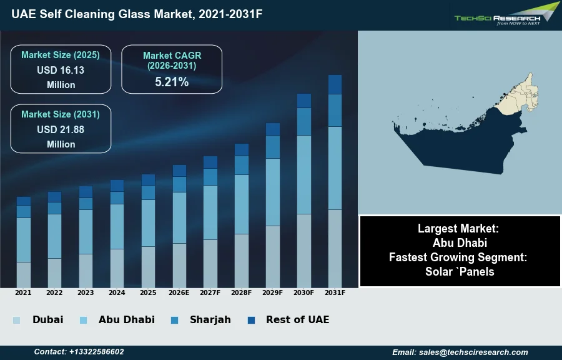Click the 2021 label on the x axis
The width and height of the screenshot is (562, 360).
[x=23, y=292]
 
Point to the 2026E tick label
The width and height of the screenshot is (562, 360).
[x=179, y=292]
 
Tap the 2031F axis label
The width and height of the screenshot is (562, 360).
[x=335, y=292]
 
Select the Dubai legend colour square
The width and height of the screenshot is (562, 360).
[x=16, y=320]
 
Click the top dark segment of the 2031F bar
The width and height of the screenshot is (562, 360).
[x=335, y=84]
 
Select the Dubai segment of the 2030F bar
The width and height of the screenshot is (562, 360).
[x=303, y=251]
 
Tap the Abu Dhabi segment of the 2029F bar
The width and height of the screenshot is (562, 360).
[x=273, y=192]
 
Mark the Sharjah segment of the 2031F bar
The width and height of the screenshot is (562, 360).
[x=335, y=111]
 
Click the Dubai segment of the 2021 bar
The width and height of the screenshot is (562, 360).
[x=24, y=274]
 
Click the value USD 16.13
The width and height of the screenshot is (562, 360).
[x=61, y=71]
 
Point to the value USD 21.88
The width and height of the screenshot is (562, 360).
[x=61, y=130]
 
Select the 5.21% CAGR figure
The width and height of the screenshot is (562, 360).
[x=172, y=82]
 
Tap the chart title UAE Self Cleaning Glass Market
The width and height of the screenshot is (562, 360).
[x=136, y=14]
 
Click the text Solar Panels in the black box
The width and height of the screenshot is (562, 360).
[x=460, y=271]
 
